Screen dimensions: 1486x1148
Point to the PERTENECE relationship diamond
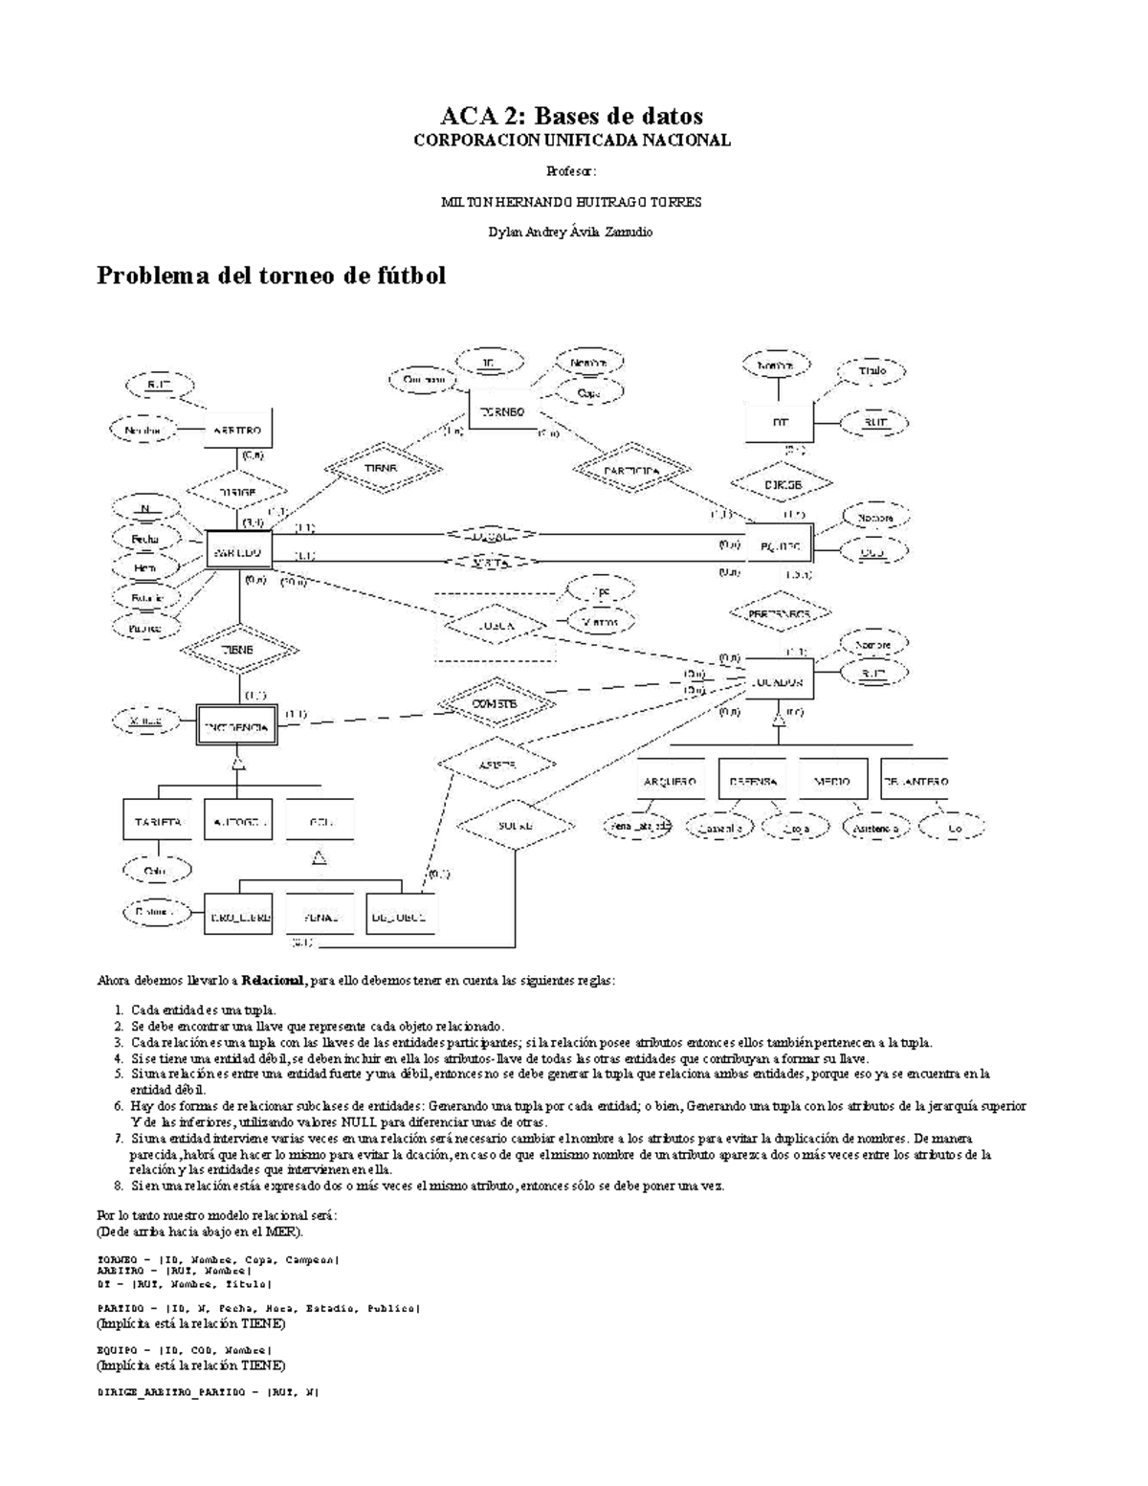pyautogui.click(x=780, y=612)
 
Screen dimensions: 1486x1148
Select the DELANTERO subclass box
pyautogui.click(x=916, y=781)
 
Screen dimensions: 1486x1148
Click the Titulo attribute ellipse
pyautogui.click(x=872, y=370)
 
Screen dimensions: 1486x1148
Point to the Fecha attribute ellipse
pyautogui.click(x=145, y=539)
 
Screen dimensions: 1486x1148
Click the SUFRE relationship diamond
pyautogui.click(x=517, y=825)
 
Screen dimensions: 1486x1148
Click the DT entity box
pyautogui.click(x=779, y=422)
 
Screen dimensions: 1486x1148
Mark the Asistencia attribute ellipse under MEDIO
pyautogui.click(x=876, y=828)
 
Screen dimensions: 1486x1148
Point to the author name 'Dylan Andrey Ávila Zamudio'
pyautogui.click(x=571, y=233)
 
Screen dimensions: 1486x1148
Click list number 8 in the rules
pyautogui.click(x=119, y=1186)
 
